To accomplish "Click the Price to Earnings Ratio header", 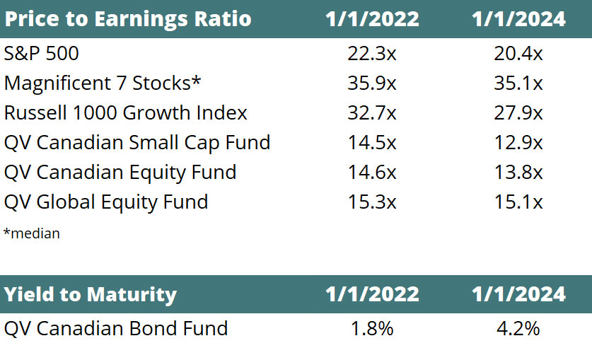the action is point(128,19).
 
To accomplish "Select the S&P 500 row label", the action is point(42,53).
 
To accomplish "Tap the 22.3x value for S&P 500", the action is point(372,53).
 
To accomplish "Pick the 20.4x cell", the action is point(518,53).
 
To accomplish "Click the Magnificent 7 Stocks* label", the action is point(103,83).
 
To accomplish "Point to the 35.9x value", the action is point(372,83).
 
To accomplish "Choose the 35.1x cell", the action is point(518,83).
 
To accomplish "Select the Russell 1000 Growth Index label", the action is point(126,113).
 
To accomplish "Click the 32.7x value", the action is point(372,113).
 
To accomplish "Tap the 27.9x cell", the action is point(518,113).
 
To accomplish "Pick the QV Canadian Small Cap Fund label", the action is point(137,143).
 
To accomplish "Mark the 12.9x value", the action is point(518,143).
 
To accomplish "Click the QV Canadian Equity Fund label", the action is point(120,173).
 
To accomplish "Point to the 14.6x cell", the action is point(372,173).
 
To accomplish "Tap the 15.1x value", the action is point(518,202).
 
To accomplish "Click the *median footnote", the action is point(32,233).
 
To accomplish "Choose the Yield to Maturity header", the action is point(91,295).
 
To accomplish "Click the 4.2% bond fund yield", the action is point(518,329).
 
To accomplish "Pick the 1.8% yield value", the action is point(372,329).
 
